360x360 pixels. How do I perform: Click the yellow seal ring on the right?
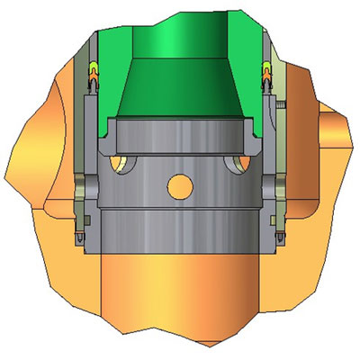pyautogui.click(x=267, y=68)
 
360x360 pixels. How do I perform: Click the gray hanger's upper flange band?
pyautogui.click(x=180, y=130)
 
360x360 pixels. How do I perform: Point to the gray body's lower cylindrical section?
pyautogui.click(x=180, y=234)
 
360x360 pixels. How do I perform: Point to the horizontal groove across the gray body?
pyautogui.click(x=180, y=209)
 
